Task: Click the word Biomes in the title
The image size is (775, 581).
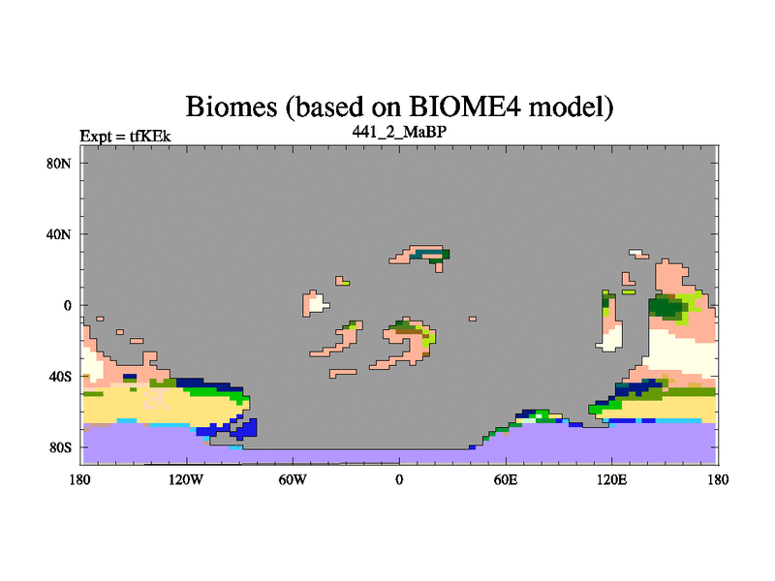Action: coord(231,107)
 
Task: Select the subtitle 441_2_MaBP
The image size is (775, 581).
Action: coord(399,132)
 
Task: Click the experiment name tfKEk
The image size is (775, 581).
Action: coord(150,136)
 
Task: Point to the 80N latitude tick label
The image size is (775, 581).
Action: coord(59,164)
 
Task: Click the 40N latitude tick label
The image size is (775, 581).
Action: coord(59,234)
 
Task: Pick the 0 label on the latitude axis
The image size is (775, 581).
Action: coord(67,305)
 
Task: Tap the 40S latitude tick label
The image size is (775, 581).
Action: coord(60,377)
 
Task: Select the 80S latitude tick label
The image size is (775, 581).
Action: coord(60,447)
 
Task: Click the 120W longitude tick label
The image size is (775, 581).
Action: coord(186,479)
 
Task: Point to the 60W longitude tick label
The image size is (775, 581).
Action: coord(293,479)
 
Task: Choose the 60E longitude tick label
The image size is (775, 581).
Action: coord(506,479)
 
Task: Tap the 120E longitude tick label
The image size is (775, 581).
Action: coord(612,479)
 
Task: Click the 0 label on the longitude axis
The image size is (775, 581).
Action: coord(399,479)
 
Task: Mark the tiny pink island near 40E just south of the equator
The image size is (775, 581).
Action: coord(473,319)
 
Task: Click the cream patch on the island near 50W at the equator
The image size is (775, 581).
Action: coord(317,302)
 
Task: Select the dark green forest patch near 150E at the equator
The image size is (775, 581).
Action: coord(666,307)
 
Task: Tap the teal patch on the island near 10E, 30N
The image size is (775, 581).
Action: coord(421,255)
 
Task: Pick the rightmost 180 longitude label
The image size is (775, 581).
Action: coord(718,479)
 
